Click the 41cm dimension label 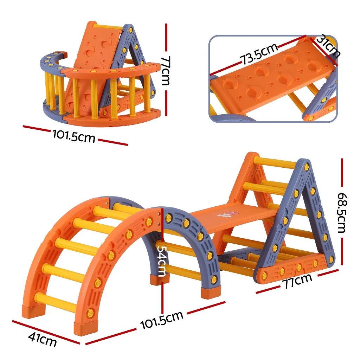42,340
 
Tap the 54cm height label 161,261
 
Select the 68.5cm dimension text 342,213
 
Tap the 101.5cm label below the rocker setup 74,135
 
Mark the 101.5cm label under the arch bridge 162,320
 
